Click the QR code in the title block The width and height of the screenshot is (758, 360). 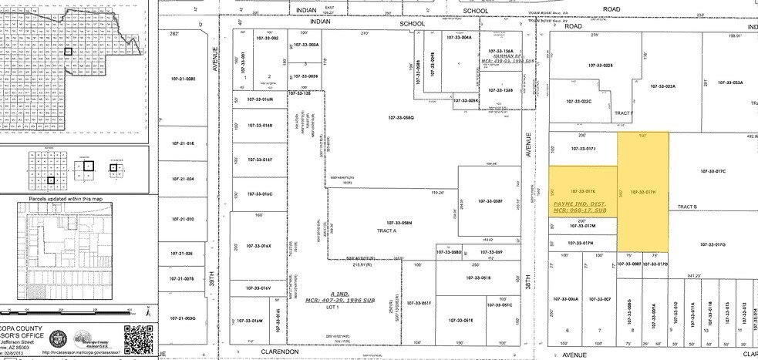(x=139, y=338)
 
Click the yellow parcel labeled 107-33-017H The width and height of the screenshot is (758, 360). (x=642, y=191)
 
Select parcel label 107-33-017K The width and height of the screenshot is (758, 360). (x=584, y=190)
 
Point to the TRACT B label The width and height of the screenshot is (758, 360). (x=687, y=207)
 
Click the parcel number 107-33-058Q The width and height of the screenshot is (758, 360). (x=402, y=117)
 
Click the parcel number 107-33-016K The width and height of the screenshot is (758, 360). (x=260, y=246)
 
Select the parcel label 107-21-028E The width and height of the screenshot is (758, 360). (x=183, y=79)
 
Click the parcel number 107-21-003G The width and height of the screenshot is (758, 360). (x=183, y=318)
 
